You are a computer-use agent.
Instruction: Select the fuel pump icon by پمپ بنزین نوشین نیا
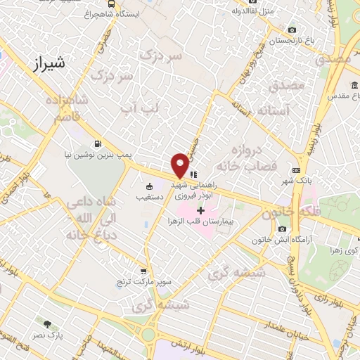tap(96, 141)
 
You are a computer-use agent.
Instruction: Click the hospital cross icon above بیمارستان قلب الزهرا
tap(200, 210)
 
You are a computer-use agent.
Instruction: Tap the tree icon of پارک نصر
tap(48, 324)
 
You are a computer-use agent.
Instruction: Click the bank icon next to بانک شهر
tap(297, 170)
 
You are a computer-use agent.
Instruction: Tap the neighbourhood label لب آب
tap(141, 108)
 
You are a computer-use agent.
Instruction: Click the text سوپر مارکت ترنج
tap(143, 281)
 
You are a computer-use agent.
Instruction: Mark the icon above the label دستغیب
tap(149, 186)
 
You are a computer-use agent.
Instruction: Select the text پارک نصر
tap(50, 336)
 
